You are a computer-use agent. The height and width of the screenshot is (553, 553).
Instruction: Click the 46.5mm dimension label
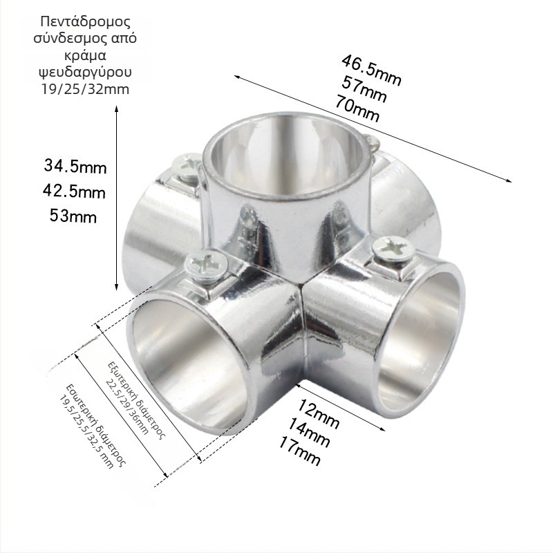click(x=371, y=71)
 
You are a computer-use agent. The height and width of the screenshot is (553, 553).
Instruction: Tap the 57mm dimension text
click(x=364, y=89)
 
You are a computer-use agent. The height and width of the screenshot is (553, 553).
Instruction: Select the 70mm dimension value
click(x=357, y=109)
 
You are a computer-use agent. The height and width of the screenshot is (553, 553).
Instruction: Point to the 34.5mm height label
click(x=75, y=166)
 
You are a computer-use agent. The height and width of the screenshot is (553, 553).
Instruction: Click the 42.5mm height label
click(x=74, y=191)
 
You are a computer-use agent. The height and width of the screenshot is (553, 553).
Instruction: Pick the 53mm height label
click(x=73, y=216)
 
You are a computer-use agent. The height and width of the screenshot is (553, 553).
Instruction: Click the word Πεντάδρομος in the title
click(x=85, y=21)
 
